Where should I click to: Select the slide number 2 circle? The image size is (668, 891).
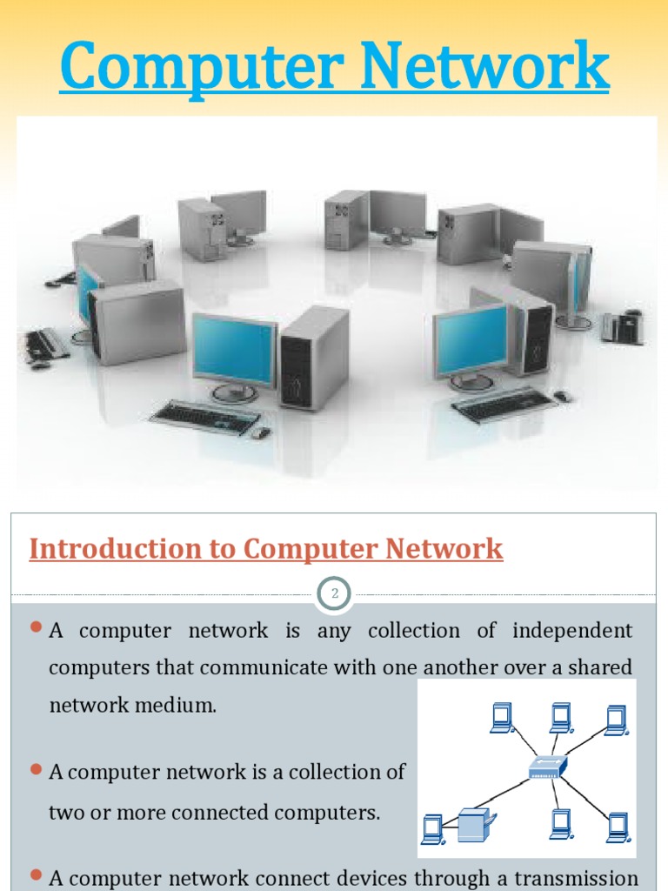click(334, 595)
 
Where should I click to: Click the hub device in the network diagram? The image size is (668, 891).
click(548, 766)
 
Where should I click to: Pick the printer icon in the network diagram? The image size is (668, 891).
click(476, 824)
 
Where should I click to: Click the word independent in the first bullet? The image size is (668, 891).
click(572, 630)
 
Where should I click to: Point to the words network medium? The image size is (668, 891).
click(132, 705)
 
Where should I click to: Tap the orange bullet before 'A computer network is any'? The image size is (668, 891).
click(37, 627)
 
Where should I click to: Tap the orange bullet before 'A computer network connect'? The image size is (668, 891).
click(37, 874)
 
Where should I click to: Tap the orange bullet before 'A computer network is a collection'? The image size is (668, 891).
click(37, 769)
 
